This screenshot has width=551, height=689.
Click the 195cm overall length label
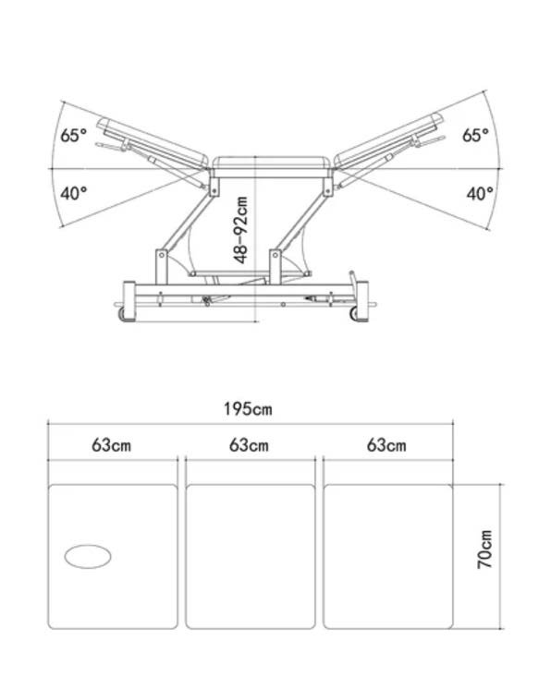248,409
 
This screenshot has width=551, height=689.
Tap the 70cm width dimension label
484,550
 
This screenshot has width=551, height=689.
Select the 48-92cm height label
241,230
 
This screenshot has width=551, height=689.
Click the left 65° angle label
73,135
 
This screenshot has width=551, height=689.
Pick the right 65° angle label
475,135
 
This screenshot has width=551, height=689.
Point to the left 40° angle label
73,193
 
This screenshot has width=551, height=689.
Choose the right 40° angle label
480,193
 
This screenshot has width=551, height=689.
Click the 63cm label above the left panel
111,445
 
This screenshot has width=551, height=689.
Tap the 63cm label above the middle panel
249,445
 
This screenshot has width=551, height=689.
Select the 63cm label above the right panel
386,445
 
